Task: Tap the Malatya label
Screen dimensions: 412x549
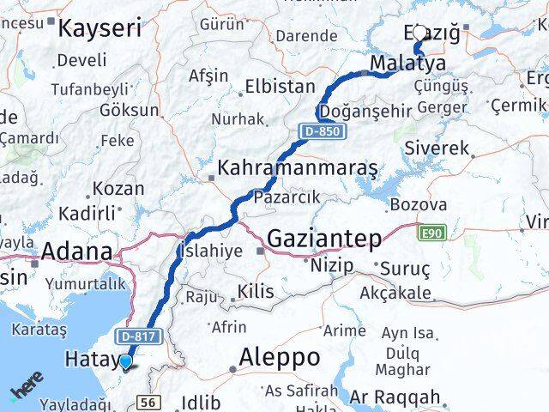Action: point(407,64)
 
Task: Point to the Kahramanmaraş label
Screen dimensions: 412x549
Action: point(298,168)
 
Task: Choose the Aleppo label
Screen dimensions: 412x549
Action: point(280,356)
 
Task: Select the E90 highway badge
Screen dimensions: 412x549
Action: point(431,232)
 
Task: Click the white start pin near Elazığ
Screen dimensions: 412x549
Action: point(419,33)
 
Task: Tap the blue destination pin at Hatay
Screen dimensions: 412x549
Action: point(126,362)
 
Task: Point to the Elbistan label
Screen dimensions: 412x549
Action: point(280,86)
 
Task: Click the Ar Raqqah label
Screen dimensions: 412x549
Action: point(399,398)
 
